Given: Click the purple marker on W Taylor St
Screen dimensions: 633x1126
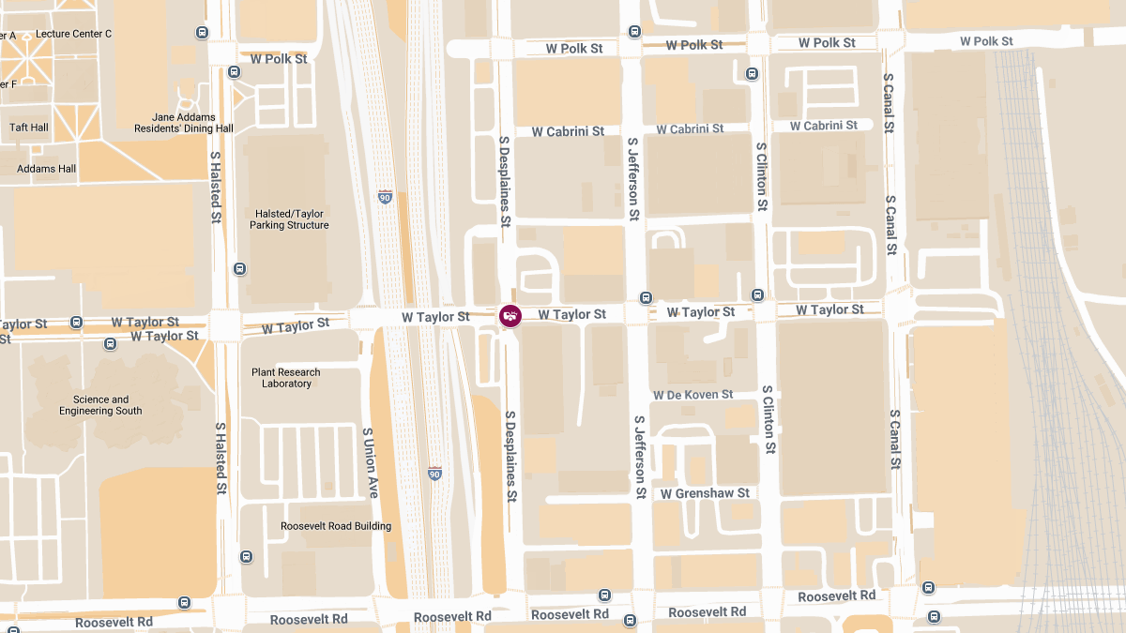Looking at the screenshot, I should click(510, 316).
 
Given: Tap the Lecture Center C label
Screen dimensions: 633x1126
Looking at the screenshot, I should click(73, 34).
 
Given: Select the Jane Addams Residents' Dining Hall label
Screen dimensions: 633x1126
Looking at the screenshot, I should click(184, 123).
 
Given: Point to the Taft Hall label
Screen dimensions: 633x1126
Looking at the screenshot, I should click(29, 128).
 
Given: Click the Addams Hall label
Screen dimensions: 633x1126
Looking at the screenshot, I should click(47, 169).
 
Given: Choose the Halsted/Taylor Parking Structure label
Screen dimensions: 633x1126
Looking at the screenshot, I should click(289, 219).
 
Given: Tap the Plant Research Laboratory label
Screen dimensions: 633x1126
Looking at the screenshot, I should click(286, 378).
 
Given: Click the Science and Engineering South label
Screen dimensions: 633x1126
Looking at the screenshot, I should click(100, 405).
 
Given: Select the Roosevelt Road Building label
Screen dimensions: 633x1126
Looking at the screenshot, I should click(336, 526).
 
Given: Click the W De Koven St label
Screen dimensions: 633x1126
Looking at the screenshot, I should click(693, 395).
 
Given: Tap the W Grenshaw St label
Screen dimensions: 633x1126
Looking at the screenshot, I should click(705, 493).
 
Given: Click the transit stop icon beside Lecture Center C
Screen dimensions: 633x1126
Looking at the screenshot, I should click(203, 33).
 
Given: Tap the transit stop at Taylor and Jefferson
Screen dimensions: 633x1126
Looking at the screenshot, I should click(646, 297).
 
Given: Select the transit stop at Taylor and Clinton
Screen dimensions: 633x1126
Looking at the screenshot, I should click(758, 294).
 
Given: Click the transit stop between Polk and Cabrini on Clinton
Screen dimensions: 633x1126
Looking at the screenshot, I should click(752, 74).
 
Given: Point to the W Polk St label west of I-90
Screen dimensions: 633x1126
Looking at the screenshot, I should click(279, 59).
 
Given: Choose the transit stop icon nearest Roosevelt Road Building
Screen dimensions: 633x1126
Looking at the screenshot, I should click(246, 556).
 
